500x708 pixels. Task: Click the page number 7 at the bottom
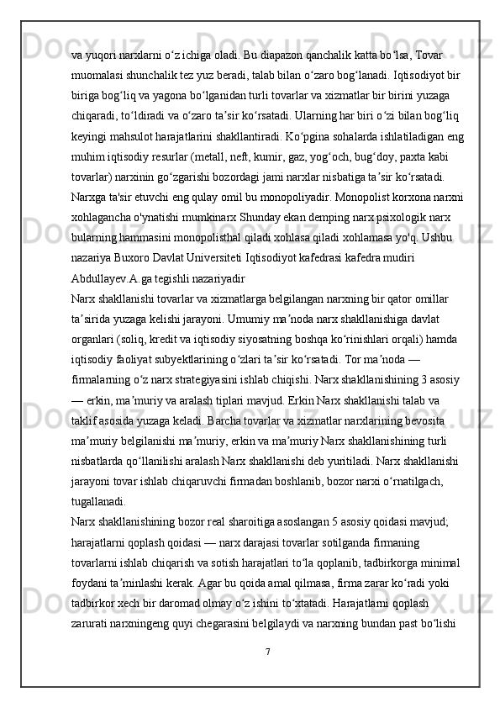tap(266, 653)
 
